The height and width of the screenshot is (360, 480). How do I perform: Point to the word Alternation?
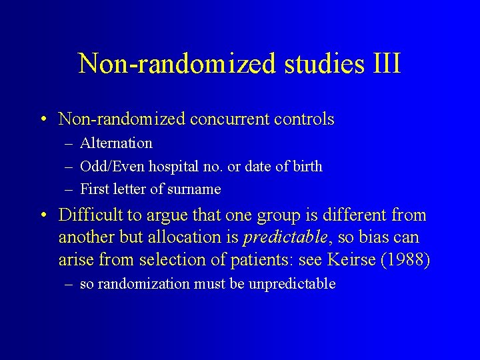point(116,143)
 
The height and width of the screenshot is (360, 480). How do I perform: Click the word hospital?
point(172,167)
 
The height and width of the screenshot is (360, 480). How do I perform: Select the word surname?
point(195,189)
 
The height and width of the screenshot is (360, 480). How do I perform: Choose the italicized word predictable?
point(286,237)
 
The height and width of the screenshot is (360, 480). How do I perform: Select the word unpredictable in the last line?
point(292,284)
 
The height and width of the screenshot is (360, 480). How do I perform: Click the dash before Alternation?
point(69,143)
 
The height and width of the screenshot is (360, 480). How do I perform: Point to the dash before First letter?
point(69,189)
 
